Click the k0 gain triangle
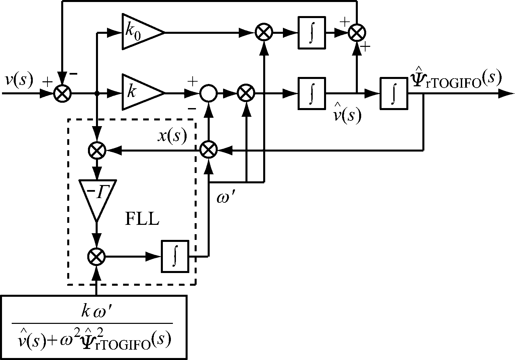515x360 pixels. [x=140, y=32]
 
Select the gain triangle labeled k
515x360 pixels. [x=140, y=92]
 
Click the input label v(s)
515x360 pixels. [x=19, y=80]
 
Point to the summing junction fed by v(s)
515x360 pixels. [x=62, y=93]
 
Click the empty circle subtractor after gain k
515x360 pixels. [x=208, y=93]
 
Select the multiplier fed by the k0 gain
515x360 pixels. [x=264, y=32]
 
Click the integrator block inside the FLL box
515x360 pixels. [x=175, y=257]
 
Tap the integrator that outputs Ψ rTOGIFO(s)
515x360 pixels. [x=394, y=93]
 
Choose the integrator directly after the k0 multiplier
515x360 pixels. [x=311, y=32]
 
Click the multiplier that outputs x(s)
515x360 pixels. [x=208, y=150]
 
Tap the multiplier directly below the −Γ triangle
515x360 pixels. [x=96, y=257]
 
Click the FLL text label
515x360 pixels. [x=142, y=219]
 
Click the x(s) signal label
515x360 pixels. [x=172, y=136]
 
